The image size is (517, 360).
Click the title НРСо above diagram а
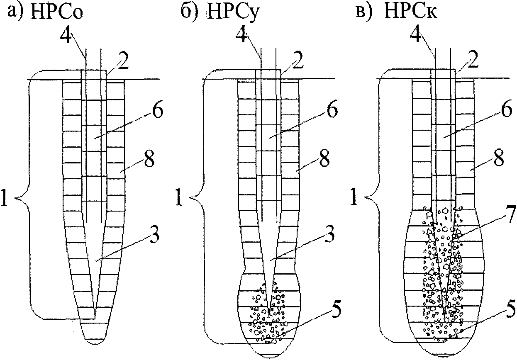[x=57, y=11]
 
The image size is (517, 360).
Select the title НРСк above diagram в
[x=411, y=11]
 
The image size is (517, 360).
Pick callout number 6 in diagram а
[x=157, y=109]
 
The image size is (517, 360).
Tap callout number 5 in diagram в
[x=510, y=309]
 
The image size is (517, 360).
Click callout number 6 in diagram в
[x=506, y=109]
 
